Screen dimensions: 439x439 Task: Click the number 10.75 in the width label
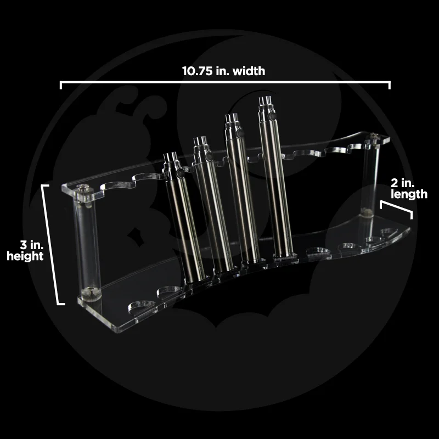[x=197, y=71]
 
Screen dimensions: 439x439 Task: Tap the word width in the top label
[x=249, y=71]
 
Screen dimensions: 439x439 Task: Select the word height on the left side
[x=25, y=256]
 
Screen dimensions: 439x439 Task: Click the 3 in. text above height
[x=32, y=245]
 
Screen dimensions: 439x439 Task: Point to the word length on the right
[x=409, y=194]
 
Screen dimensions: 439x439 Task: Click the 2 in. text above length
[x=402, y=183]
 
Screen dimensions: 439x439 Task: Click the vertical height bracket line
[x=50, y=244]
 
